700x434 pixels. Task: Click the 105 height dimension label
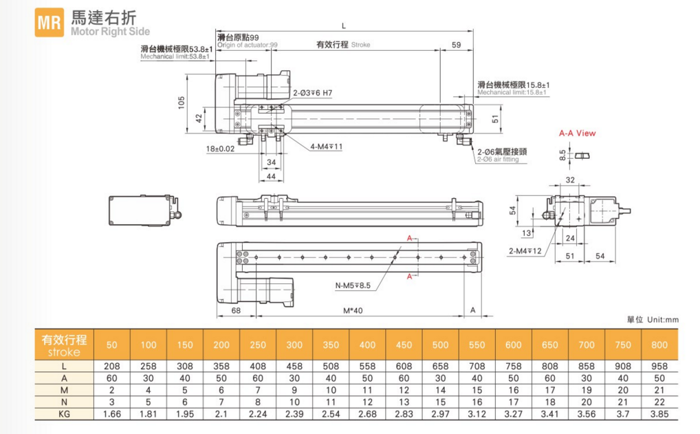(182, 102)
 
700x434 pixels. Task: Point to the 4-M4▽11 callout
(326, 146)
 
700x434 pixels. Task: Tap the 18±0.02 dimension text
(220, 148)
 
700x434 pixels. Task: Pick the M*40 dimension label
(353, 310)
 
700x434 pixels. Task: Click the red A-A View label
(577, 133)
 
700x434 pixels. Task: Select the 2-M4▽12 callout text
(525, 251)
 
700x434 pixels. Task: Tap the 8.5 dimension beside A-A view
(562, 156)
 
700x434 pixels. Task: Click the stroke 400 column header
(367, 345)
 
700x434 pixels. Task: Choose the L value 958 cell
(659, 367)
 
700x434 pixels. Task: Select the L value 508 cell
(331, 367)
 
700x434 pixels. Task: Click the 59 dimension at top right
(457, 45)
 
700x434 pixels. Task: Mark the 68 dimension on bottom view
(236, 310)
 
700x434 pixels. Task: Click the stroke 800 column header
(659, 345)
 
